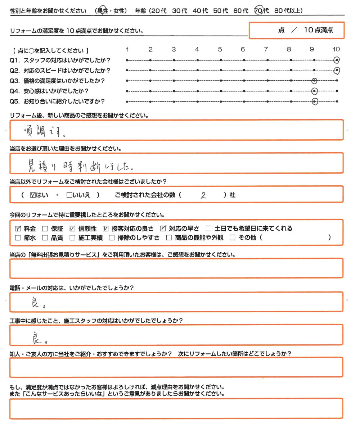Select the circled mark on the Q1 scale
pos(337,60)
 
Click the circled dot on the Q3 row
pos(314,81)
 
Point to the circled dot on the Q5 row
pos(315,102)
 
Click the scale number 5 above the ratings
pos(220,49)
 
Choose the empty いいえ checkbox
pos(69,195)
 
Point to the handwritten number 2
pos(203,196)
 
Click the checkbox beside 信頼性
pos(72,228)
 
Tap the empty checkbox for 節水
pos(18,237)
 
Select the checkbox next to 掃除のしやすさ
pos(111,237)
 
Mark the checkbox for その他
pos(232,237)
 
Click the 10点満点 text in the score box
pos(319,31)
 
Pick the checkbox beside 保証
pos(45,228)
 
